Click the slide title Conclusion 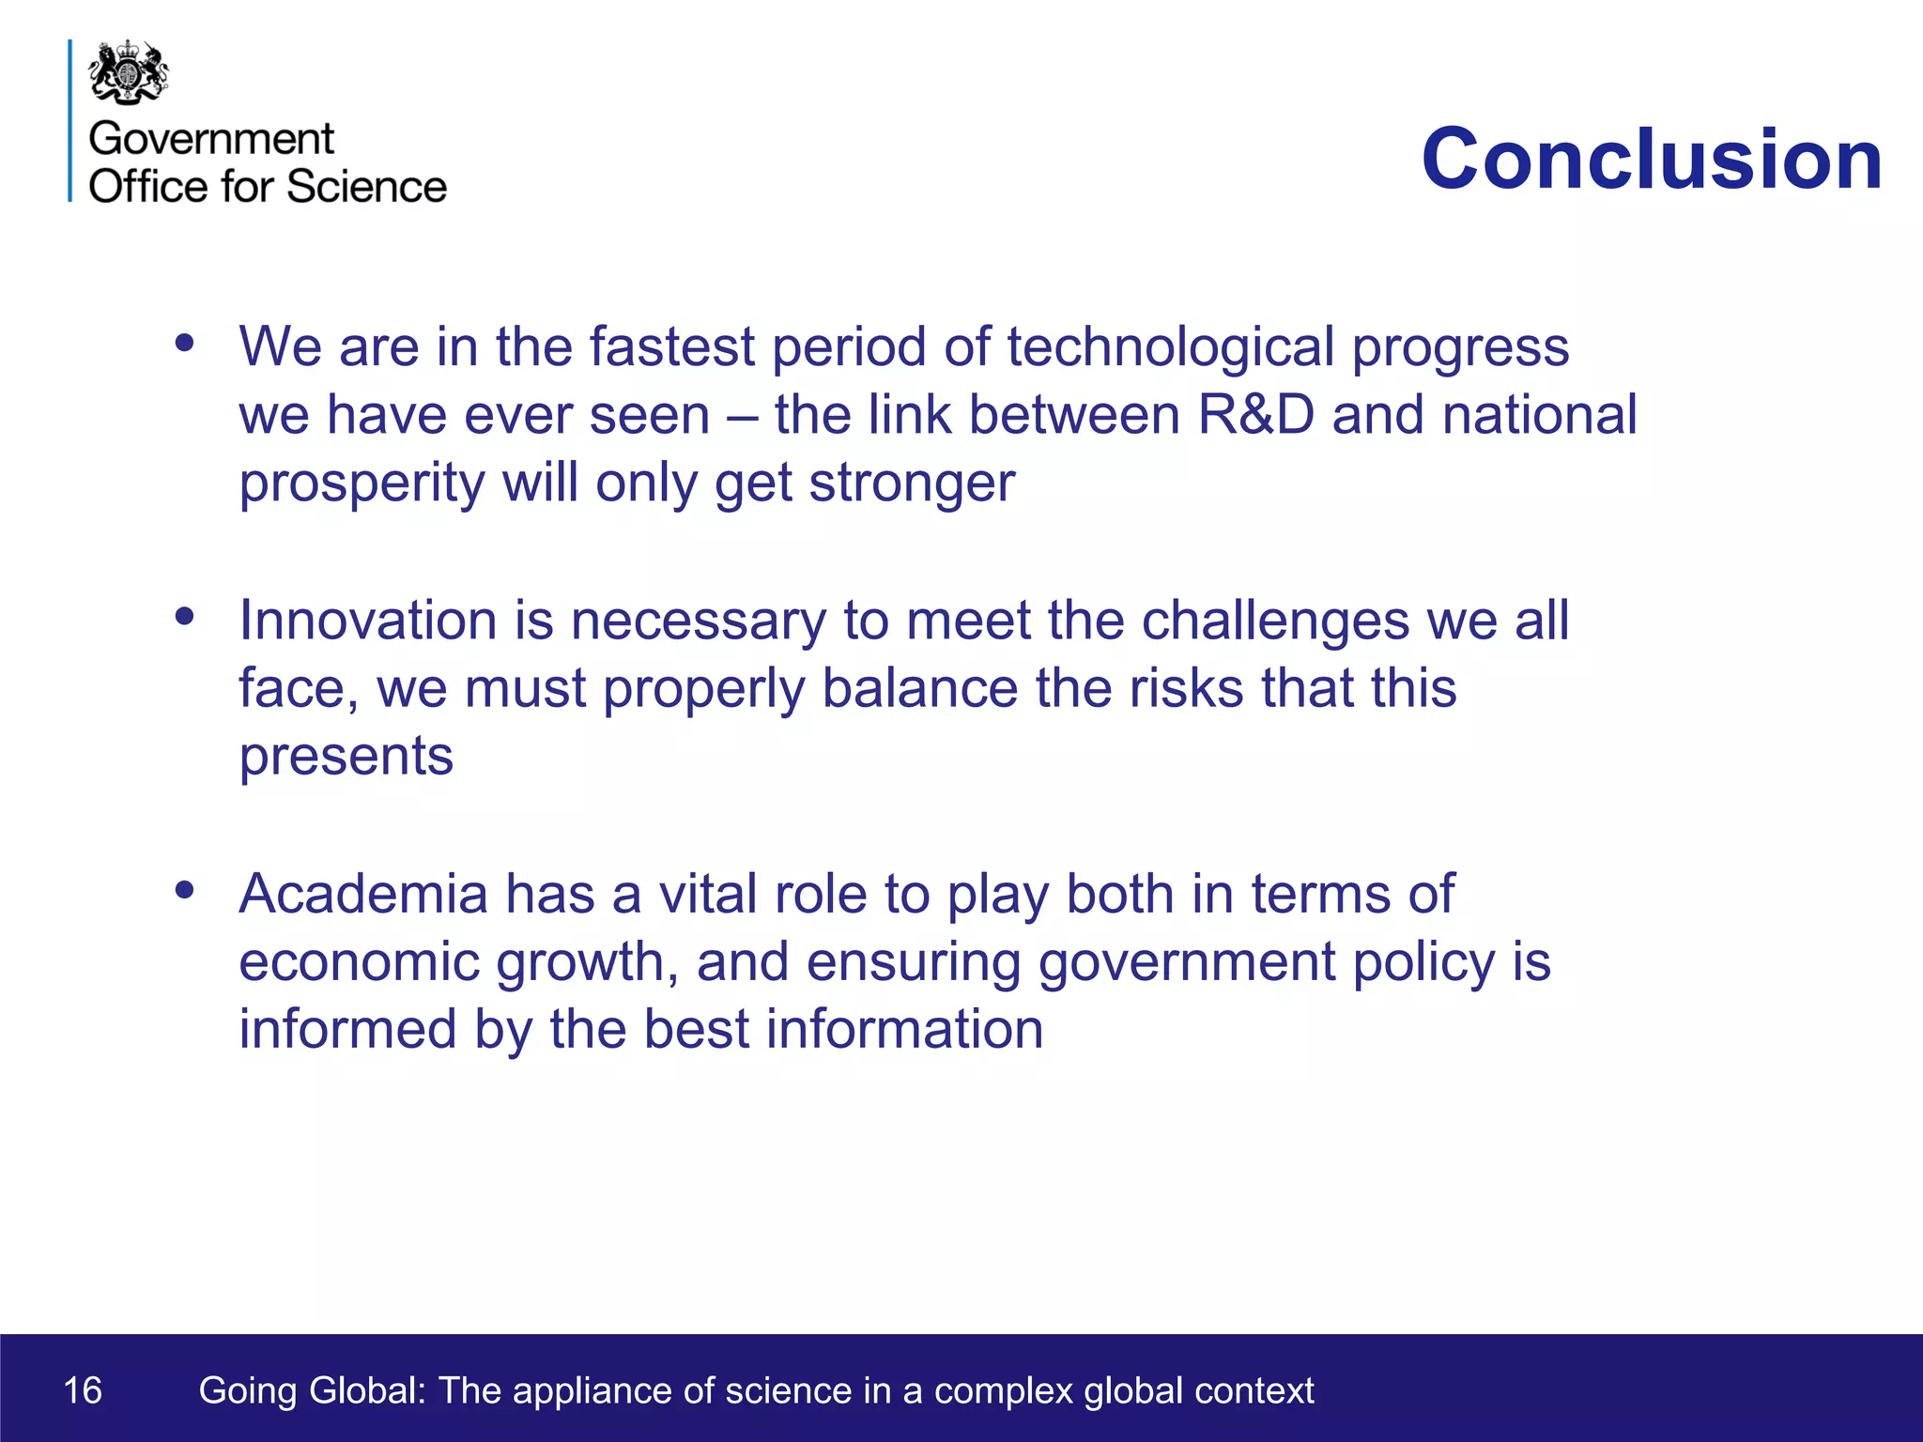[1652, 159]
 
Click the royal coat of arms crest [129, 71]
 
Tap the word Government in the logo [211, 139]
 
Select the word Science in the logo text [366, 186]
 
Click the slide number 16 [83, 1390]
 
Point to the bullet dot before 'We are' [185, 343]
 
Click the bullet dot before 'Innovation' [185, 617]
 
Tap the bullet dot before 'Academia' [185, 889]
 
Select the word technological [1170, 347]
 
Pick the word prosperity [362, 484]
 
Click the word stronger [912, 484]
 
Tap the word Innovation [367, 621]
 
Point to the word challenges [1275, 622]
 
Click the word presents [346, 757]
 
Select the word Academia [363, 894]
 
